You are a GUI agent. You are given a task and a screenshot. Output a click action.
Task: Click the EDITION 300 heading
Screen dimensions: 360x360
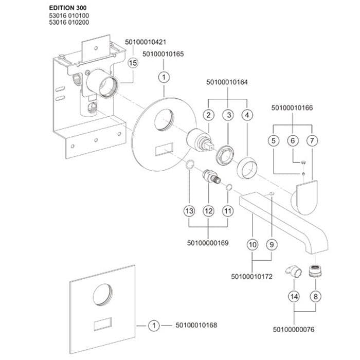click(x=68, y=8)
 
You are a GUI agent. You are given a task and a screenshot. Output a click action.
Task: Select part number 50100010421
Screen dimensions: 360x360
click(x=146, y=42)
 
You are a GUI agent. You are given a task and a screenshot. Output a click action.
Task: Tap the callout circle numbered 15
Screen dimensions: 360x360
click(x=133, y=63)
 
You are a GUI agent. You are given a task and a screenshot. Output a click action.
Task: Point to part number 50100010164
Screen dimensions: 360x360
click(x=227, y=82)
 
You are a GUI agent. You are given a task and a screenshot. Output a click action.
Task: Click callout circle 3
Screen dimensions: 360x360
click(x=228, y=115)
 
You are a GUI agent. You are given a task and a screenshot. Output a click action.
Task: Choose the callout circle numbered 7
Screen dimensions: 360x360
click(x=312, y=140)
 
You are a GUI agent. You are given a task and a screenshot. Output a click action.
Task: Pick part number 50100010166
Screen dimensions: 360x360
click(x=292, y=107)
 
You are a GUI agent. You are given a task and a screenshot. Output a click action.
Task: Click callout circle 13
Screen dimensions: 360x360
click(x=189, y=211)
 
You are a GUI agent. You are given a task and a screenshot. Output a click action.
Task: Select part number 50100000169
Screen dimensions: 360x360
click(x=208, y=243)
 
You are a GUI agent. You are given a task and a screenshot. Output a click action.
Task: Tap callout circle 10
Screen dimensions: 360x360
click(x=253, y=244)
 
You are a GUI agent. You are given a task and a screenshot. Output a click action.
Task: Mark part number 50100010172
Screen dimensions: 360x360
click(x=251, y=277)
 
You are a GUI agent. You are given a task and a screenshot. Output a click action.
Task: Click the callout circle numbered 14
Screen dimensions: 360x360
click(x=294, y=296)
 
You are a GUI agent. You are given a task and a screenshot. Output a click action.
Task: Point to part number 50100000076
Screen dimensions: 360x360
click(x=294, y=330)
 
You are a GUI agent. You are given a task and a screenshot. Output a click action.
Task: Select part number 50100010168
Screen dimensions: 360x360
click(x=196, y=326)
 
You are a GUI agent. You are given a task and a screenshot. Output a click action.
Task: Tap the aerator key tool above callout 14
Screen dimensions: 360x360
click(x=293, y=271)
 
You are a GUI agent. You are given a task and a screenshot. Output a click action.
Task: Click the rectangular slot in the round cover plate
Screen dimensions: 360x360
click(x=164, y=149)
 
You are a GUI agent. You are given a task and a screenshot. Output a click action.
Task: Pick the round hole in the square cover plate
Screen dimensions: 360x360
click(x=103, y=295)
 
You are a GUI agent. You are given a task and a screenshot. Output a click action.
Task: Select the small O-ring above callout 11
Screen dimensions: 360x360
click(x=229, y=187)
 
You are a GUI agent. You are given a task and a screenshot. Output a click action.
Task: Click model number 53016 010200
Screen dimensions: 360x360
click(x=69, y=22)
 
